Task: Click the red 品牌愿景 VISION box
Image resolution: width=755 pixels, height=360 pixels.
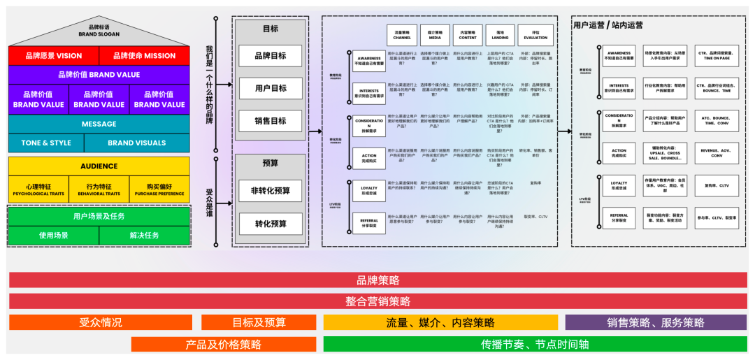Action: point(54,56)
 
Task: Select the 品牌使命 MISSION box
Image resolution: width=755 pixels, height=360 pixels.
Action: point(144,56)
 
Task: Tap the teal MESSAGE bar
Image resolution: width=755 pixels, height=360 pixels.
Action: point(99,124)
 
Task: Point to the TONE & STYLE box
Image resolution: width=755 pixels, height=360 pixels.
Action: point(46,143)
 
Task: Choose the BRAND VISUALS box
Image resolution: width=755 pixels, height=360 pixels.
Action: point(136,143)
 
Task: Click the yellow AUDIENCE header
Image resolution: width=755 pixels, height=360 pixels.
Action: point(99,166)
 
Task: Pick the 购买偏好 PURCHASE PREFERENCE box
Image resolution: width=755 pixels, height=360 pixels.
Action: point(159,189)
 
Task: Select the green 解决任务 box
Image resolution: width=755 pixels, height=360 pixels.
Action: point(144,236)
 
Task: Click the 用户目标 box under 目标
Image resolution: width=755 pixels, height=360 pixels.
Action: point(270,88)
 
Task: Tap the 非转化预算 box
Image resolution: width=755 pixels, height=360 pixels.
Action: point(270,191)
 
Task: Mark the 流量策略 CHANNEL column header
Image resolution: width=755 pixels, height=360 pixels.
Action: point(402,35)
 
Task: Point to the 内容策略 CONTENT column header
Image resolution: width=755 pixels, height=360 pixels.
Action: point(468,35)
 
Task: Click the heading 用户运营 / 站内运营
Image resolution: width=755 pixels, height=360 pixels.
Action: point(607,25)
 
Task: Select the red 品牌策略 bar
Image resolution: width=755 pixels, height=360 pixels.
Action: point(378,280)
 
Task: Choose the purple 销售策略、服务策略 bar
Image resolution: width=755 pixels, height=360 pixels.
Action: point(655,322)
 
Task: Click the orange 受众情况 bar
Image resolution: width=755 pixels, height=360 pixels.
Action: point(100,322)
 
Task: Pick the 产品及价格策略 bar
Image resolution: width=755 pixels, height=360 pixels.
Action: point(223,345)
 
